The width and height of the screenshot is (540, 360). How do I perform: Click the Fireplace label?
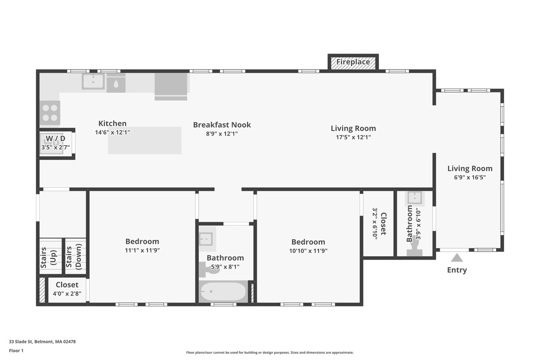(353, 62)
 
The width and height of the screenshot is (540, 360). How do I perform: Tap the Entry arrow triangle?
(457, 258)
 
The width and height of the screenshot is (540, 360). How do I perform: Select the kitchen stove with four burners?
(50, 112)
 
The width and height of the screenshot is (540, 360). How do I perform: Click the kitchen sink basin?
(93, 81)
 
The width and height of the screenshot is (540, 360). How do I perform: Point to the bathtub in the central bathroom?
(223, 292)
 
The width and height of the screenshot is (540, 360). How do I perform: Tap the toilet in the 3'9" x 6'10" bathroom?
(414, 252)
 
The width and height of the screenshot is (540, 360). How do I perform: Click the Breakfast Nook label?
(222, 125)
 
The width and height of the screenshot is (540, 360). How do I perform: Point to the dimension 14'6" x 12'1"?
(112, 132)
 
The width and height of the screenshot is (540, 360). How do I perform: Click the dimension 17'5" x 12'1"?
(353, 137)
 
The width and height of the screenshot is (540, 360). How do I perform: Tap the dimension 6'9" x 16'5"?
(470, 177)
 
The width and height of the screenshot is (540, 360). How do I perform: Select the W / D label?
(56, 138)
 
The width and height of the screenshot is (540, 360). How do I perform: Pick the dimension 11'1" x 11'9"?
(142, 250)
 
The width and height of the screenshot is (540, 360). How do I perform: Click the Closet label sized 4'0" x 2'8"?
(67, 285)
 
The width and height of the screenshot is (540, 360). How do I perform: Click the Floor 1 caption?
(16, 350)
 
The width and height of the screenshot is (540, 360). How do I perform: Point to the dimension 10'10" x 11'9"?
(308, 250)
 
